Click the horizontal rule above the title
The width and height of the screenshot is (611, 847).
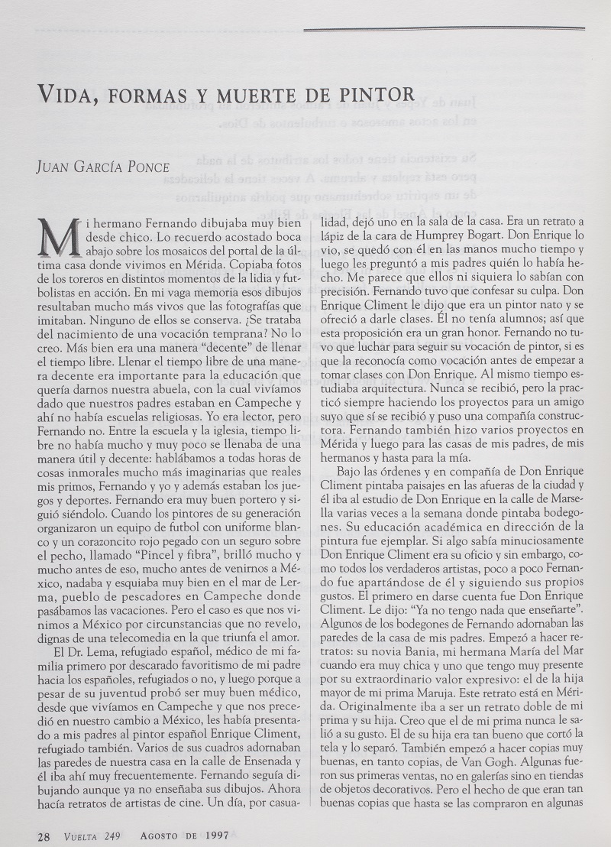[443, 29]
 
